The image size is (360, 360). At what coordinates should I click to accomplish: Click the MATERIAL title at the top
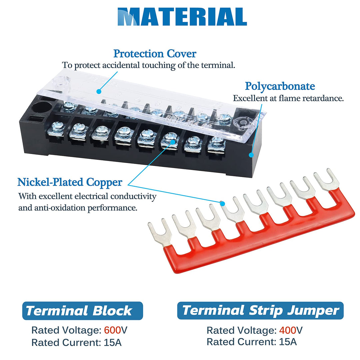click(182, 17)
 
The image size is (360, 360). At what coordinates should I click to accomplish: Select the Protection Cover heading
click(155, 53)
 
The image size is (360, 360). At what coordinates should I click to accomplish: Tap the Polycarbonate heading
click(280, 86)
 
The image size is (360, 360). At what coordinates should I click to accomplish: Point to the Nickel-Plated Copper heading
click(70, 182)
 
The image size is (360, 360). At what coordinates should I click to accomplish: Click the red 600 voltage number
click(112, 330)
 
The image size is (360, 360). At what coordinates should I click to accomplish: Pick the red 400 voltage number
click(287, 330)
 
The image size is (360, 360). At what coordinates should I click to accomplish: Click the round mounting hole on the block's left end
click(42, 108)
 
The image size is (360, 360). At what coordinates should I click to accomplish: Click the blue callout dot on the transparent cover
click(99, 91)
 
